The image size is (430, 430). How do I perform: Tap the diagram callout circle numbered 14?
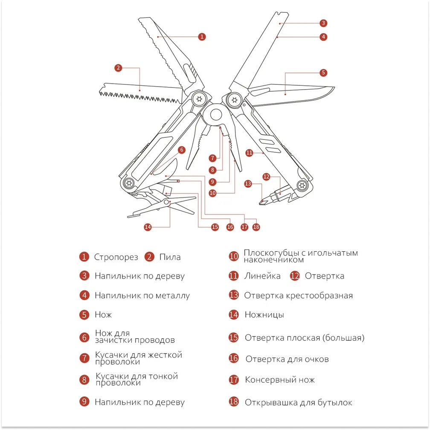pos(148,227)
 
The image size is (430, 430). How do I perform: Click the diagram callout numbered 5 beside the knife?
pos(323,73)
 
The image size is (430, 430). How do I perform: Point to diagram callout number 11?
pos(250,152)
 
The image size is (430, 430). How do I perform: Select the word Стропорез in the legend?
pos(116,257)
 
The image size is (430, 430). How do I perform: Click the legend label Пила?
pos(170,257)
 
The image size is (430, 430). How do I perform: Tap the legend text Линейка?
pos(262,276)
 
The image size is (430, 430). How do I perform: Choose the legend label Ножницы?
pos(264,315)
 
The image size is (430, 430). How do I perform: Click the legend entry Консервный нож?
pos(280,380)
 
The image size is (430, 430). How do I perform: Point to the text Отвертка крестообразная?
pos(298,295)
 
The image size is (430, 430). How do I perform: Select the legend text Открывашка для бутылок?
pos(298,402)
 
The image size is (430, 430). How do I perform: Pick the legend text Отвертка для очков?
pos(287,359)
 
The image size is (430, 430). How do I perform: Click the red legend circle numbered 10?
pos(233,256)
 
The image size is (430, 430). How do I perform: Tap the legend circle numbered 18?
pos(234,402)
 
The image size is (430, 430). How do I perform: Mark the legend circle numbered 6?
pos(84,337)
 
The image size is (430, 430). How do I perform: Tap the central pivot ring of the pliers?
pos(216,114)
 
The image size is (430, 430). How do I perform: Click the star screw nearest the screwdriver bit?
pos(302,186)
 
